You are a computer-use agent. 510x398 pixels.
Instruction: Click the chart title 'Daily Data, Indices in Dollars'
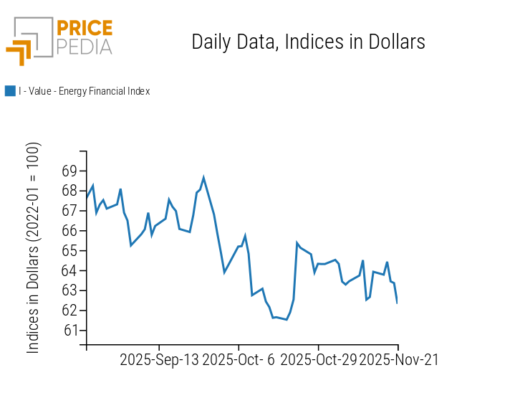pyautogui.click(x=308, y=42)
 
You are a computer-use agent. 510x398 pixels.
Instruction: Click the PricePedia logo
pyautogui.click(x=59, y=40)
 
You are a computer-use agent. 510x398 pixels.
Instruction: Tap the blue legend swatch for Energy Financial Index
pyautogui.click(x=10, y=91)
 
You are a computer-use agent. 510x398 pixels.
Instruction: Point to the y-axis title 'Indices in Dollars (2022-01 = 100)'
pyautogui.click(x=34, y=247)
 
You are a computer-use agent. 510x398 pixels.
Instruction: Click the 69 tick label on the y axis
pyautogui.click(x=69, y=171)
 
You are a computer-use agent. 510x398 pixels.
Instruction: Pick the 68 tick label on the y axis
pyautogui.click(x=69, y=191)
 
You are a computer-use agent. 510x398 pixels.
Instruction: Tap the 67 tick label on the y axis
pyautogui.click(x=69, y=211)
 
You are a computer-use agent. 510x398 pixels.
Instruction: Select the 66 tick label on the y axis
pyautogui.click(x=69, y=231)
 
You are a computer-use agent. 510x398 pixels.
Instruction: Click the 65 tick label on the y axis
pyautogui.click(x=69, y=251)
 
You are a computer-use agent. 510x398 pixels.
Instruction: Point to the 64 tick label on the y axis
pyautogui.click(x=69, y=271)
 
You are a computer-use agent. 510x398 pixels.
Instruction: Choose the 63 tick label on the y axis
pyautogui.click(x=69, y=290)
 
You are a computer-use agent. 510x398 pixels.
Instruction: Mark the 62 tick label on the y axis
pyautogui.click(x=69, y=311)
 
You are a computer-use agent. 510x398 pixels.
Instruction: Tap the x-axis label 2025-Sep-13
pyautogui.click(x=159, y=360)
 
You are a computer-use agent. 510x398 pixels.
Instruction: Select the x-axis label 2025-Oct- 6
pyautogui.click(x=239, y=360)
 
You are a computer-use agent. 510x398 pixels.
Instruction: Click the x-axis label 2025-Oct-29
pyautogui.click(x=318, y=360)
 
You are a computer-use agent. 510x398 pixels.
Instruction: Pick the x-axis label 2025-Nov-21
pyautogui.click(x=398, y=360)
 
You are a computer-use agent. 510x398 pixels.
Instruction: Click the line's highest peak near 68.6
pyautogui.click(x=203, y=177)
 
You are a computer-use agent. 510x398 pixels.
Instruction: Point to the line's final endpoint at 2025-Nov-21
pyautogui.click(x=397, y=302)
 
